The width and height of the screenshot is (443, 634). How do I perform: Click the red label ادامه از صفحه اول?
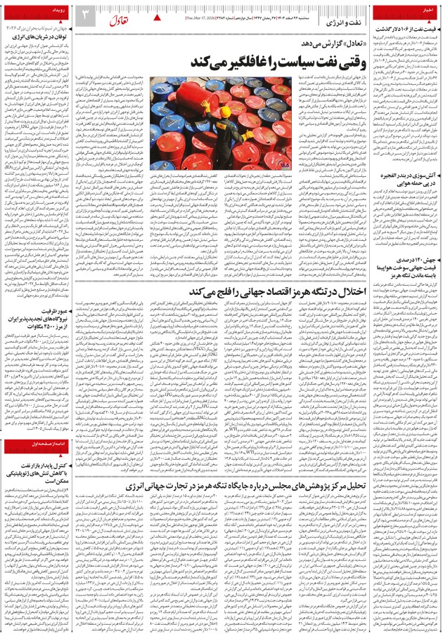pos(41,464)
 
